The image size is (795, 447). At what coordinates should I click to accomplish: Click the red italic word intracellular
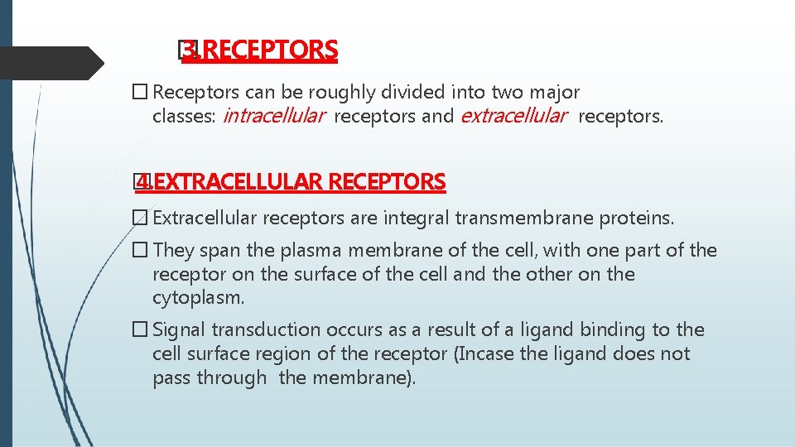(x=274, y=116)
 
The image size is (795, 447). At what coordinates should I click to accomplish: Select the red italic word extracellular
(x=513, y=116)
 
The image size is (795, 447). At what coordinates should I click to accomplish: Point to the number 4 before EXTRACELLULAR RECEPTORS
(x=143, y=181)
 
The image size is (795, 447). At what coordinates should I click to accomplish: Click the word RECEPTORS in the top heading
(x=270, y=51)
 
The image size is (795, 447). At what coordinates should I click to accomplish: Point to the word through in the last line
(x=238, y=379)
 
